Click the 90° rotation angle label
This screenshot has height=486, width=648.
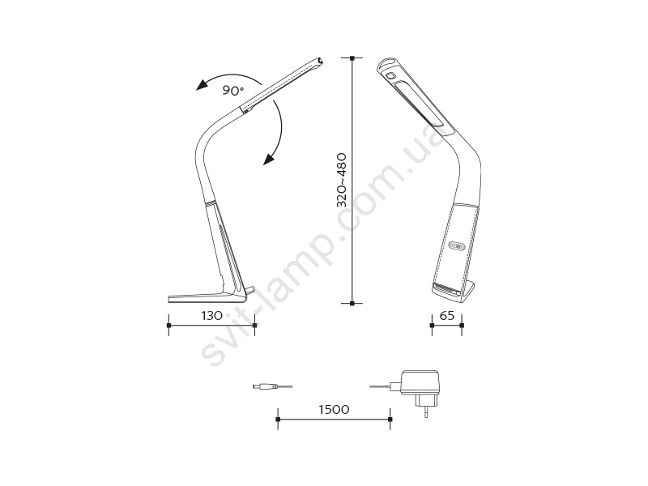(233, 90)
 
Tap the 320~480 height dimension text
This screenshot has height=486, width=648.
(341, 180)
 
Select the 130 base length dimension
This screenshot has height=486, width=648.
(212, 316)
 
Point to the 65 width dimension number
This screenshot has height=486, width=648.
(447, 316)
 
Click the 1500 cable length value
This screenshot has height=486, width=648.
(334, 410)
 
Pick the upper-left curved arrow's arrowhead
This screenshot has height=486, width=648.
(202, 85)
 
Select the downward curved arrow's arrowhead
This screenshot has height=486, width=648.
(270, 158)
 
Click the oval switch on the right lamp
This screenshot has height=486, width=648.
(457, 246)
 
